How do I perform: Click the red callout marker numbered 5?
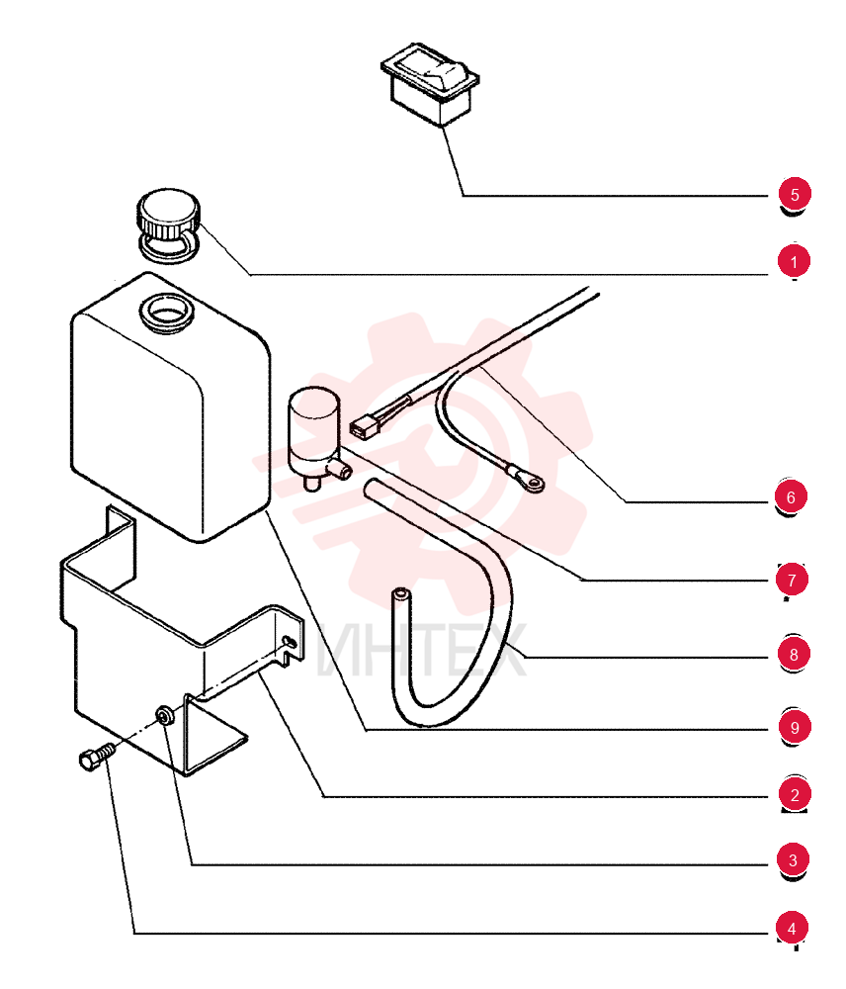(795, 194)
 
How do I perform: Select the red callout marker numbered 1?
(794, 261)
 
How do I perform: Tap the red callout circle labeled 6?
(792, 497)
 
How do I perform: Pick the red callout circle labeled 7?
(792, 579)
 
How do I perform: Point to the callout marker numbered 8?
(793, 654)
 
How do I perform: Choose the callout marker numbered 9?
(795, 727)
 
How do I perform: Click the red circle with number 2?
(795, 794)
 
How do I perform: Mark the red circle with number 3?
(793, 859)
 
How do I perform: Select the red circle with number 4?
(792, 928)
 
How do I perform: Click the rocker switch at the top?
(430, 83)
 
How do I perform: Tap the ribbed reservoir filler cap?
(168, 224)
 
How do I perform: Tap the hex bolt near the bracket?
(98, 755)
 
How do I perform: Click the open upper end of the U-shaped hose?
(400, 593)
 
